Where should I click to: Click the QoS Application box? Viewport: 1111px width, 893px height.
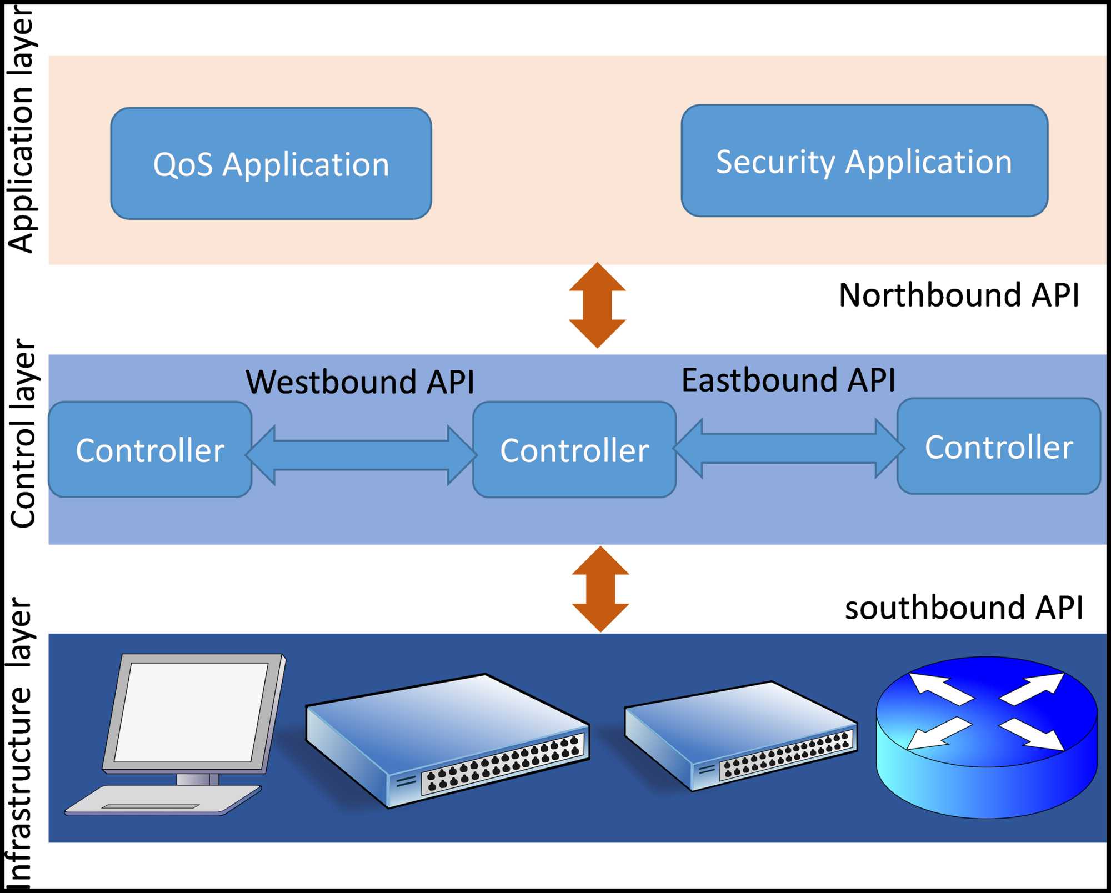(x=271, y=164)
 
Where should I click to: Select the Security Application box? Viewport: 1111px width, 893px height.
(x=864, y=161)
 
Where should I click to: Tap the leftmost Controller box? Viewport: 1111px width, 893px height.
(x=150, y=450)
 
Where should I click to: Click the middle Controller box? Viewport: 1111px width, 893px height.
(x=574, y=450)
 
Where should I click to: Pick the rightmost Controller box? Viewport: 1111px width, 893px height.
(x=999, y=446)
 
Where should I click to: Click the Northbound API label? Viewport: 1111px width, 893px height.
(x=959, y=295)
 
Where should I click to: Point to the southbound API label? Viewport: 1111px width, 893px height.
(x=964, y=608)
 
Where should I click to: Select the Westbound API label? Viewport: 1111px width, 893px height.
(x=360, y=382)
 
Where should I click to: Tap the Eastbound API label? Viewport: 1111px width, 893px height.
(x=788, y=380)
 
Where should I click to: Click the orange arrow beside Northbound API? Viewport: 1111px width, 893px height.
(x=597, y=305)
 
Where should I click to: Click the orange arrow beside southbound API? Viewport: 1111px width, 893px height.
(x=600, y=589)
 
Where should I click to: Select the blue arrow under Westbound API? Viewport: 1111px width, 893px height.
(x=361, y=455)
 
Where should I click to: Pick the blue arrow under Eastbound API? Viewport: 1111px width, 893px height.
(x=789, y=448)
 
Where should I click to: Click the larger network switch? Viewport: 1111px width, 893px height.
(x=447, y=739)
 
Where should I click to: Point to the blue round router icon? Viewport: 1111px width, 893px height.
(x=987, y=737)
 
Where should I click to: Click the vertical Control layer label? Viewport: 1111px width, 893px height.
(x=23, y=433)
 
